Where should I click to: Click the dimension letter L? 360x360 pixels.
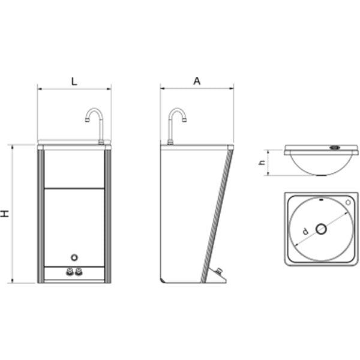(x=74, y=82)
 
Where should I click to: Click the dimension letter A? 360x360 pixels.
(x=197, y=81)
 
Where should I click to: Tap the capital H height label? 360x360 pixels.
(x=5, y=214)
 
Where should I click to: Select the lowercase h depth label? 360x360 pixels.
(x=262, y=162)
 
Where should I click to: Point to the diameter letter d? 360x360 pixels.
(x=305, y=231)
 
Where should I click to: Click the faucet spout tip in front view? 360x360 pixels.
(x=87, y=120)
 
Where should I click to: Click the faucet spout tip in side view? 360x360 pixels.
(x=185, y=120)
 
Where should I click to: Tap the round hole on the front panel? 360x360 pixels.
(x=74, y=257)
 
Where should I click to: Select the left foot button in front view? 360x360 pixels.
(x=70, y=272)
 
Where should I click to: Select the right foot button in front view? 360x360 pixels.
(x=79, y=272)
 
